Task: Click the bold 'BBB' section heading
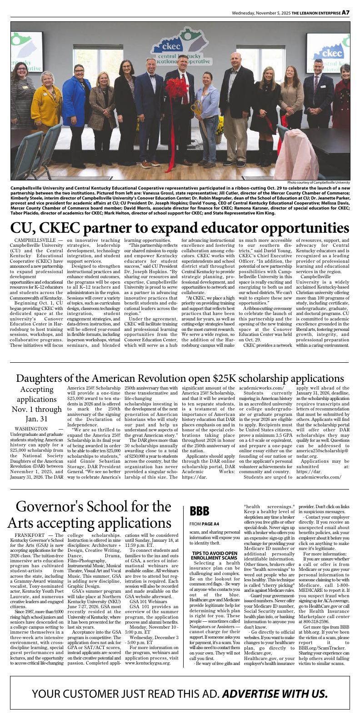click(x=200, y=511)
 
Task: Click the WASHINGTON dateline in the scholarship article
click(x=31, y=429)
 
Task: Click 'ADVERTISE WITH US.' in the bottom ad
click(x=275, y=694)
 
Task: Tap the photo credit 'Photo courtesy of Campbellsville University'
click(x=319, y=182)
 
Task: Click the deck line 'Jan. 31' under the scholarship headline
click(x=37, y=418)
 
